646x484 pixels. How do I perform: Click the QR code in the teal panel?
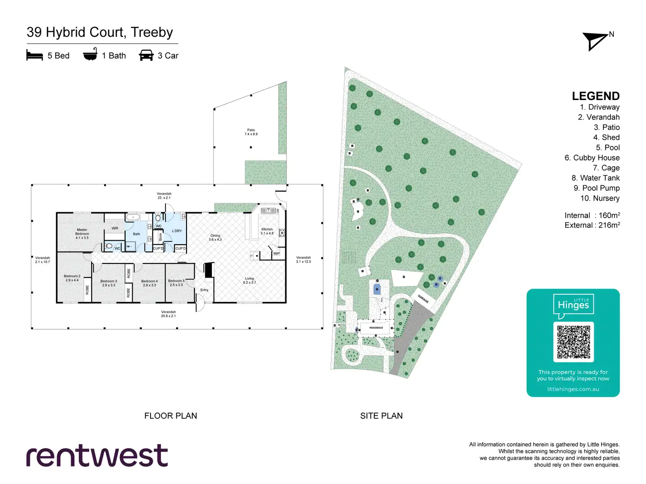pos(573,342)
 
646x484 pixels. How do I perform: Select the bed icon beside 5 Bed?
pos(35,55)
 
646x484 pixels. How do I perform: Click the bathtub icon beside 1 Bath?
pos(90,54)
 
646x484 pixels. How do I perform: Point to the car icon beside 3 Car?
pos(146,55)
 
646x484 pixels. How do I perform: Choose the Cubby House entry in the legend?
pos(592,158)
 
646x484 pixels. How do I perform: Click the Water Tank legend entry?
pos(596,178)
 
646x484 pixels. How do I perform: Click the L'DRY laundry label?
pos(177,231)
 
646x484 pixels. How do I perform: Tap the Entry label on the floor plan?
pos(204,290)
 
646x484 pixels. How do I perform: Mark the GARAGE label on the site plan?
pos(423,299)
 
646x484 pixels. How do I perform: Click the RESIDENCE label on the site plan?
pos(376,327)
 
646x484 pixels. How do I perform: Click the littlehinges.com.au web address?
pos(573,389)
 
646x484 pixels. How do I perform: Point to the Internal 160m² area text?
pos(592,215)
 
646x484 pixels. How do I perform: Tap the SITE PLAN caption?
pos(381,416)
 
